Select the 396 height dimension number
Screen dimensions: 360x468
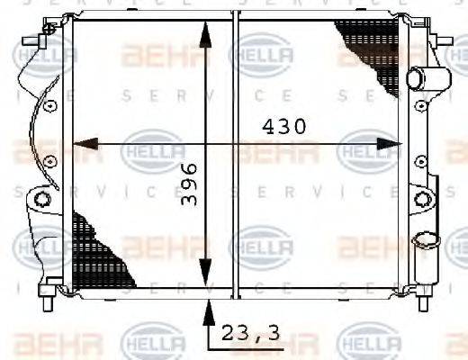(189, 184)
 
